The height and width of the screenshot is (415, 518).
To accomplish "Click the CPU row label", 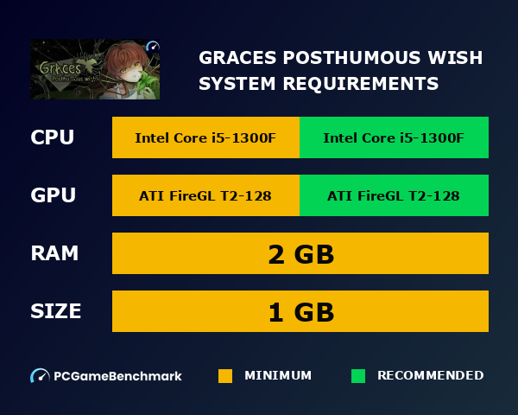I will click(52, 138).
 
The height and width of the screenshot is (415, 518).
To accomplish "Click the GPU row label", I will click(53, 195).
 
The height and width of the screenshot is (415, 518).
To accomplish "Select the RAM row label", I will click(54, 253).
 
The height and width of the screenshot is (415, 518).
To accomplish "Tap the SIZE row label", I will click(56, 311).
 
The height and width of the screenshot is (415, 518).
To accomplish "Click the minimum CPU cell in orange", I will click(205, 138).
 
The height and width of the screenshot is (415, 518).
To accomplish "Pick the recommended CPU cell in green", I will click(394, 138).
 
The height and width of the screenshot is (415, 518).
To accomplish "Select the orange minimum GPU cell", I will click(205, 195).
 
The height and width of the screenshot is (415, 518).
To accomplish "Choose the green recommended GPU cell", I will click(394, 195).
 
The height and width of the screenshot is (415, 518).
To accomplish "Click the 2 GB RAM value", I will click(300, 254).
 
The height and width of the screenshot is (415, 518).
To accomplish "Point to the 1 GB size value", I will click(300, 311).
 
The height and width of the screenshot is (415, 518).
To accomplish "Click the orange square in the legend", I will click(225, 376).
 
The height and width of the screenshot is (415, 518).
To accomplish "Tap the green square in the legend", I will click(358, 376).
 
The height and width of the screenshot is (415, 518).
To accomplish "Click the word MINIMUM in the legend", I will click(278, 376).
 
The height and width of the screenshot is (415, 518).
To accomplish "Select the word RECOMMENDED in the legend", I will click(430, 376).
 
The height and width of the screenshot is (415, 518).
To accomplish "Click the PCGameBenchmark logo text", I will click(117, 376).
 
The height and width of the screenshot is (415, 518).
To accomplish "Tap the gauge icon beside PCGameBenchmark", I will click(40, 376).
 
